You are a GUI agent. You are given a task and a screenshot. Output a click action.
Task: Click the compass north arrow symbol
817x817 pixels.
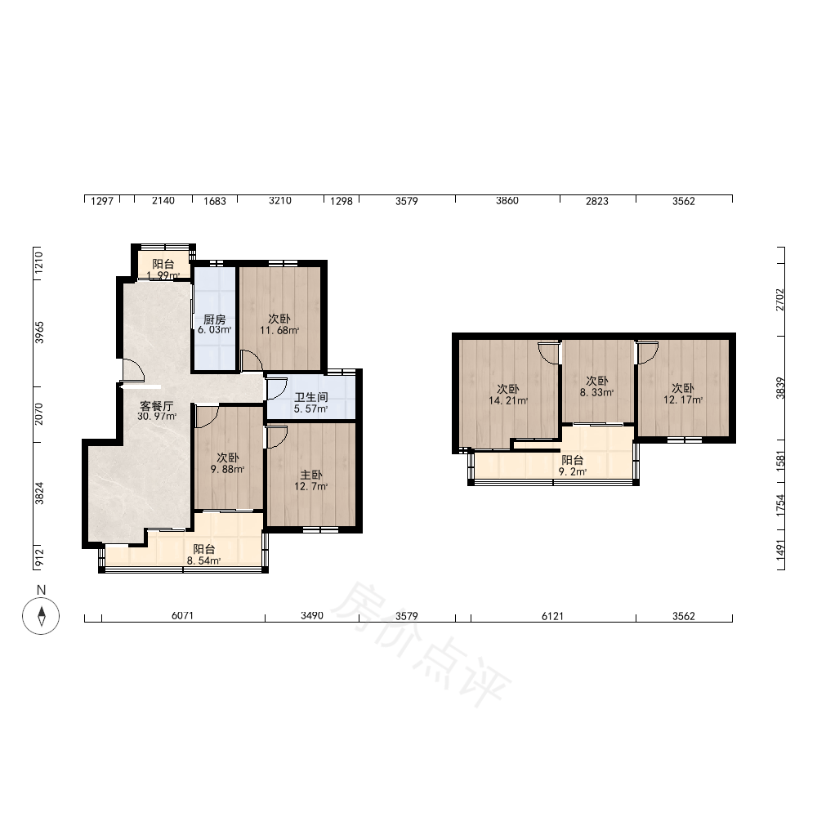pos(41,616)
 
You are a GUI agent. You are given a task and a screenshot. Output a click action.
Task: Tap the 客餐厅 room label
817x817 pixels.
pos(156,405)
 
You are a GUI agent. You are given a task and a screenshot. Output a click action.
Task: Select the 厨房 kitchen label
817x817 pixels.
pos(214,319)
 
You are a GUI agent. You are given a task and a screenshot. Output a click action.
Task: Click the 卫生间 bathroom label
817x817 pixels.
pos(311,397)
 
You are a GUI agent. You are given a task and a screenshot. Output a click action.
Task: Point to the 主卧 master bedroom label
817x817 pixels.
pos(311,475)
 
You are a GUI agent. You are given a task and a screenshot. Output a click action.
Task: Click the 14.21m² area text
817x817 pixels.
pos(508,400)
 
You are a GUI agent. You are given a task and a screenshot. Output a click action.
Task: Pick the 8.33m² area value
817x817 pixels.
pos(596,392)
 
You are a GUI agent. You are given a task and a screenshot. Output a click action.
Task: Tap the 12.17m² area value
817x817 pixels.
pos(682,400)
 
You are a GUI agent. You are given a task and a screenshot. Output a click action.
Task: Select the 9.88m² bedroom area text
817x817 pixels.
pos(228,469)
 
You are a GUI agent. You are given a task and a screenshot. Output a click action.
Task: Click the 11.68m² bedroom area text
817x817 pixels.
pos(279,330)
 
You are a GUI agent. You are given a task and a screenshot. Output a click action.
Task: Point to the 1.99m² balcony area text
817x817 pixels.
pos(163,275)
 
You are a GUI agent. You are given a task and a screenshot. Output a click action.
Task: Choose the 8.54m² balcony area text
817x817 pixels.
pos(203,560)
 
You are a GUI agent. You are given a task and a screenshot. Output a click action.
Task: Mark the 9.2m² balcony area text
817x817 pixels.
pos(573,471)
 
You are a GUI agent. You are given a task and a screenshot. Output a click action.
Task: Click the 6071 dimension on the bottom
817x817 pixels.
pos(182,615)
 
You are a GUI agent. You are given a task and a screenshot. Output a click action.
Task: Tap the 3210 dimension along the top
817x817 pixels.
pos(279,201)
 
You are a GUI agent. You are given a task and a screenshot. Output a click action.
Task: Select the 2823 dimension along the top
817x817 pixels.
pos(596,201)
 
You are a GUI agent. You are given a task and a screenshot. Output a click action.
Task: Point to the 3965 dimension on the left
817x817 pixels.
pos(39,333)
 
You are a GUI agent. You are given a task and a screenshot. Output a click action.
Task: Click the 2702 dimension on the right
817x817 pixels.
pos(779,300)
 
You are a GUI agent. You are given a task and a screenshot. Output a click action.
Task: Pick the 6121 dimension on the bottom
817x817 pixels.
pos(552,616)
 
